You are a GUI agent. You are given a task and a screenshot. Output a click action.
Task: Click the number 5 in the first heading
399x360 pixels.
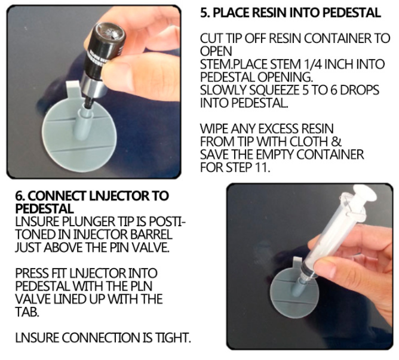click(204, 13)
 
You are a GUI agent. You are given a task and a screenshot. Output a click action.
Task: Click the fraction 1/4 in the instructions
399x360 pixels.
click(314, 64)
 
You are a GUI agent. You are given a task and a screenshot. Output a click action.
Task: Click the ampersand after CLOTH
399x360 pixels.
click(336, 141)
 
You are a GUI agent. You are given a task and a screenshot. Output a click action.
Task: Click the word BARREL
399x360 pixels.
click(151, 234)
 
